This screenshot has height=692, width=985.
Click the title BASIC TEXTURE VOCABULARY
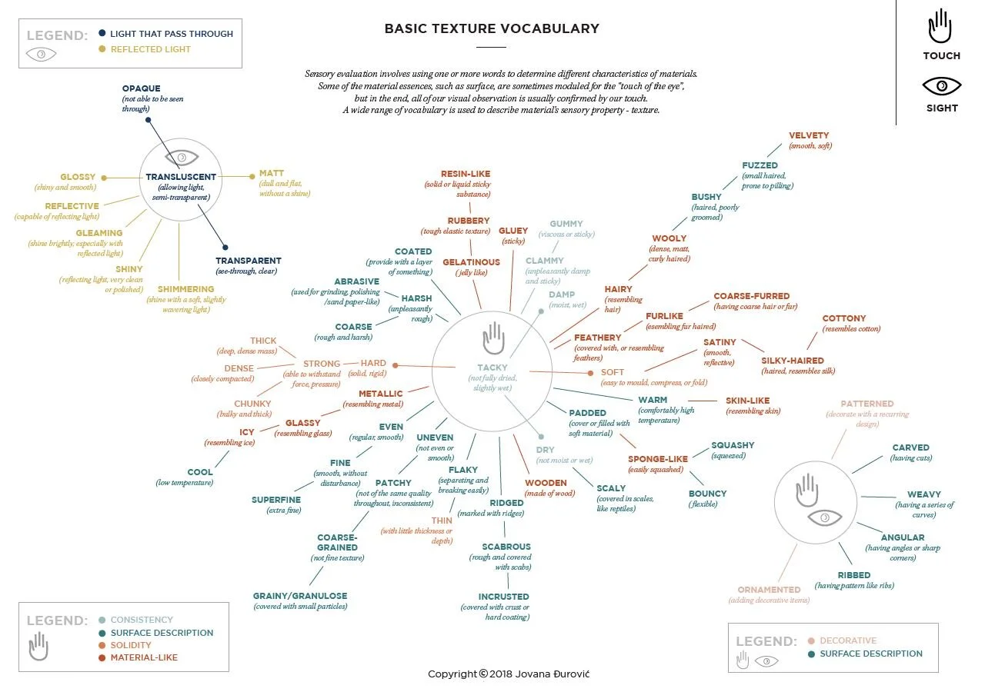[x=492, y=29]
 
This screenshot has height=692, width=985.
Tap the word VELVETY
[x=809, y=136]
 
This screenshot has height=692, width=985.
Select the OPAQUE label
[x=141, y=88]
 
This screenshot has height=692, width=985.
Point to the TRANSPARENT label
[x=248, y=261]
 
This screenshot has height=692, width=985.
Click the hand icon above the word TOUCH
[x=940, y=27]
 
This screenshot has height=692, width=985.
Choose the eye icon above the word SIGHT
[x=941, y=85]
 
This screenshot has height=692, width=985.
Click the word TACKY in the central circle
[x=492, y=368]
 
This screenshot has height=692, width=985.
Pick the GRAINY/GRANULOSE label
[x=300, y=596]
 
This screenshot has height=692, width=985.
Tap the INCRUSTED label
[x=503, y=597]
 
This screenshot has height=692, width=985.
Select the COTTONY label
[x=844, y=318]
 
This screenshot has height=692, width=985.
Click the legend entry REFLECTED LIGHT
[x=151, y=49]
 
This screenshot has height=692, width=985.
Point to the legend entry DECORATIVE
[x=848, y=640]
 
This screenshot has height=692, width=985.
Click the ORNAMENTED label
[x=769, y=590]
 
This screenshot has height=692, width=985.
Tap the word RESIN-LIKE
[x=465, y=175]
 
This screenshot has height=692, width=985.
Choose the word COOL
[x=199, y=472]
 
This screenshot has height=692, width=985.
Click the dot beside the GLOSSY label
[x=103, y=178]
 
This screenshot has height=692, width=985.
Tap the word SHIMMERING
[x=185, y=289]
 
